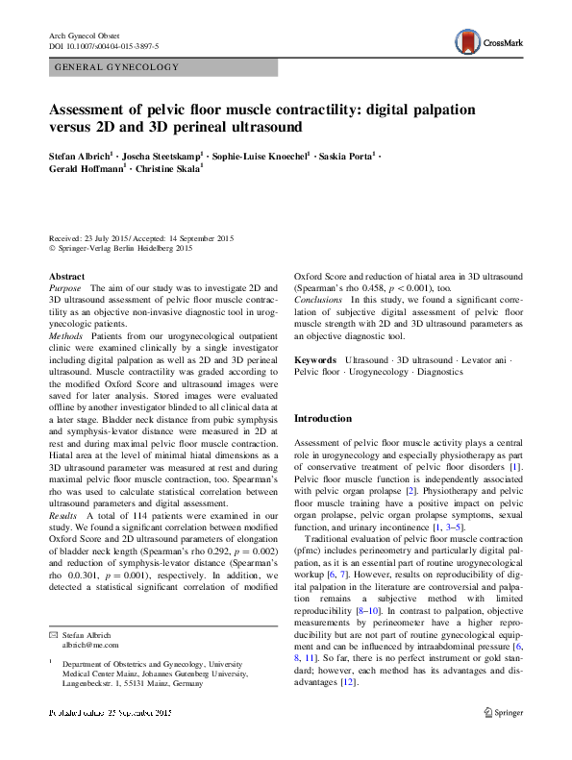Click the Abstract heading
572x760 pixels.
66,277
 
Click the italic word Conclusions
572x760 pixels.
318,300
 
